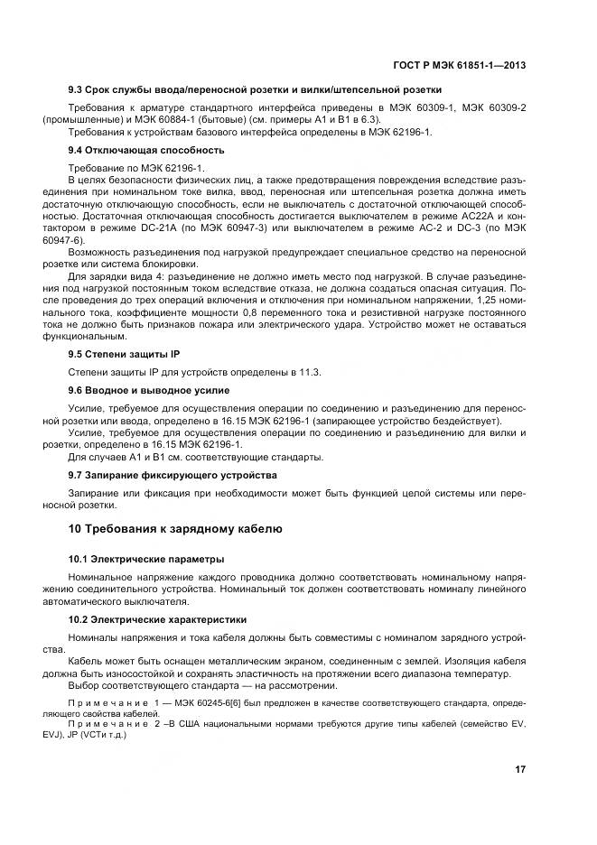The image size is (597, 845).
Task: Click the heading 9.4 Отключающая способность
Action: [x=146, y=150]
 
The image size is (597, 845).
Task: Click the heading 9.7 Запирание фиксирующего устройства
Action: [x=173, y=474]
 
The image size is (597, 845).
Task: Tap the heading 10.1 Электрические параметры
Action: [x=147, y=559]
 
